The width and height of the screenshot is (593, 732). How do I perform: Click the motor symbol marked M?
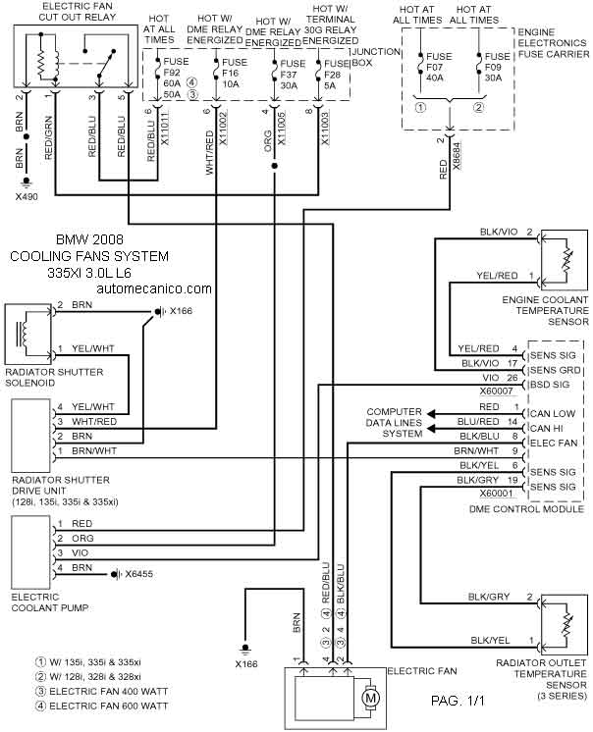point(370,699)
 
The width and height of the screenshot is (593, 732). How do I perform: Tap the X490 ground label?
point(27,196)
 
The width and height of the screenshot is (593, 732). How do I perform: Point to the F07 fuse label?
point(435,67)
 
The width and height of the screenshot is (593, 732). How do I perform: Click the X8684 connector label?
point(457,156)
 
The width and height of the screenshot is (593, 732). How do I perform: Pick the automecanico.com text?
point(154,288)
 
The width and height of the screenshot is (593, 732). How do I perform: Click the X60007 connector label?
point(497,392)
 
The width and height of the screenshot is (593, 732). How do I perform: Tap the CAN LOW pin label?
point(553,414)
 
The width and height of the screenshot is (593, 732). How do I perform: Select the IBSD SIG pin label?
point(550,385)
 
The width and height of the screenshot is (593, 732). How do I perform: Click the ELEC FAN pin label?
point(554,443)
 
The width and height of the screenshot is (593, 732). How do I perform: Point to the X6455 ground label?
point(138,574)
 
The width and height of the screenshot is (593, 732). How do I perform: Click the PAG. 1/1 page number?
point(458,701)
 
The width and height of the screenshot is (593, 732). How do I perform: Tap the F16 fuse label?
point(230,73)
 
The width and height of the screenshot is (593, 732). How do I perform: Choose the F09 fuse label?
point(493,67)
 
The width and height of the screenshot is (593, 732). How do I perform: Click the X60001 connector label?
point(497,494)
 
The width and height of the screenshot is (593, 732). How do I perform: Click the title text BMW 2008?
point(89,239)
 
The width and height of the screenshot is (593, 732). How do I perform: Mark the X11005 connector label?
point(281,129)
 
